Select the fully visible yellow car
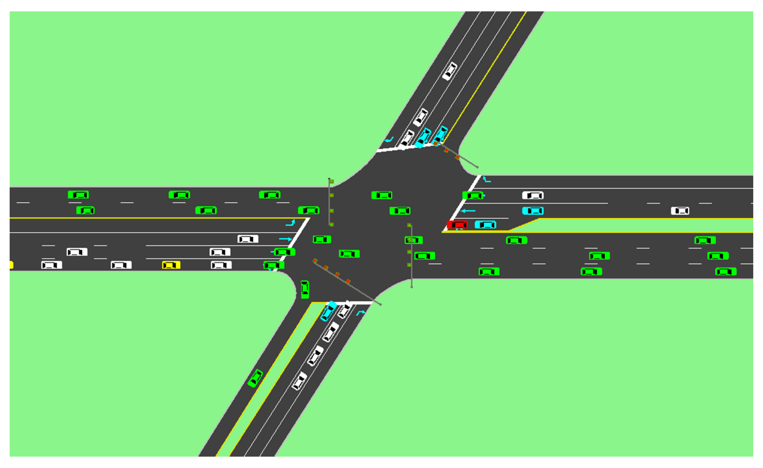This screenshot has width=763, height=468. pos(171,265)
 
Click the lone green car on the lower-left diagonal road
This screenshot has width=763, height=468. pos(255,378)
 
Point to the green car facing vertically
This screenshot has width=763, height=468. pos(305,290)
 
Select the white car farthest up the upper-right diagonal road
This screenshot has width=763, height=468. pos(450,71)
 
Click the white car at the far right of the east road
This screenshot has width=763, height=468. pos(680,211)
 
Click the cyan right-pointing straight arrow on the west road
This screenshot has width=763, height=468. pos(285,239)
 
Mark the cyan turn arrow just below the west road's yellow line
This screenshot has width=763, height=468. pos(290,223)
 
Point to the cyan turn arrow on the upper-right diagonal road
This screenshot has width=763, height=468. pos(389,140)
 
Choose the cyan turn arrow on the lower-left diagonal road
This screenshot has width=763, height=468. pos(360,313)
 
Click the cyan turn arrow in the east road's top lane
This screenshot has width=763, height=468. pos(487,180)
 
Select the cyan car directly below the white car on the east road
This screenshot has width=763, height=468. pos(533,211)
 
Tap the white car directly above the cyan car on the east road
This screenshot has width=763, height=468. pos(533,195)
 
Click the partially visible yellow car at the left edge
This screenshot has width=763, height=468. pos(11,265)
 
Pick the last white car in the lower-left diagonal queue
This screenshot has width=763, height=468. pos(299,381)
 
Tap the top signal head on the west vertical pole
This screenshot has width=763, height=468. pos(332,182)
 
